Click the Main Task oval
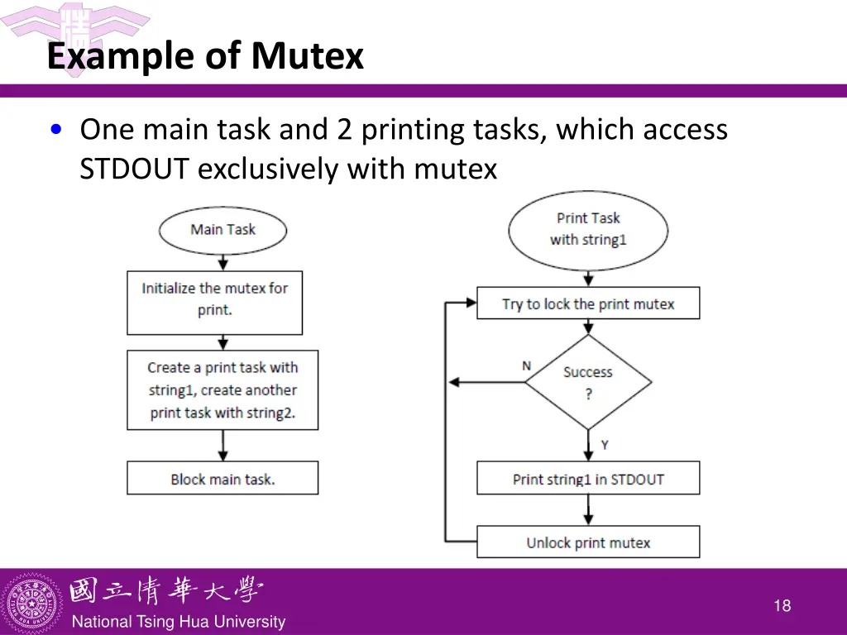223,230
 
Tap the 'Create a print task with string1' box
223,389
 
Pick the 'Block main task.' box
223,478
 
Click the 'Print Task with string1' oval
588,229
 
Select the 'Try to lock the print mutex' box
588,303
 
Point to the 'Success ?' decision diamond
588,382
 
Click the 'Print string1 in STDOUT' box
588,479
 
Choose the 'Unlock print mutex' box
588,542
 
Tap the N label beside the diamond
526,365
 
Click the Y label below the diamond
605,445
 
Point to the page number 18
782,606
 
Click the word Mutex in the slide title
308,57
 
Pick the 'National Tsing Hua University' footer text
179,622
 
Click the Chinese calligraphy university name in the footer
165,590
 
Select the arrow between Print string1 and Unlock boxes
588,510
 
